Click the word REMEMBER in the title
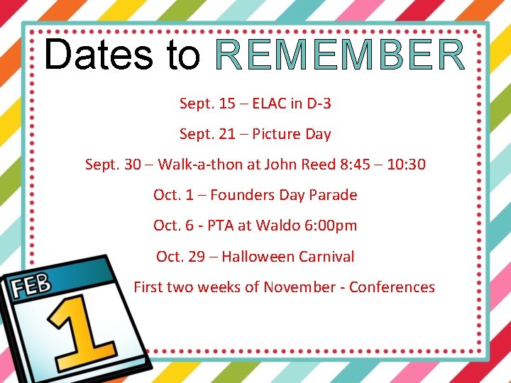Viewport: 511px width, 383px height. point(340,55)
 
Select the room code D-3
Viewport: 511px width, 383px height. point(318,104)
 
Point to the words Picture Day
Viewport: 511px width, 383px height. point(292,134)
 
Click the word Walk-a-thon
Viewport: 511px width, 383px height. point(199,165)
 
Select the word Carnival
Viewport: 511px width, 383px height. point(326,257)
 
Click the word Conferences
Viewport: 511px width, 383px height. point(392,287)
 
